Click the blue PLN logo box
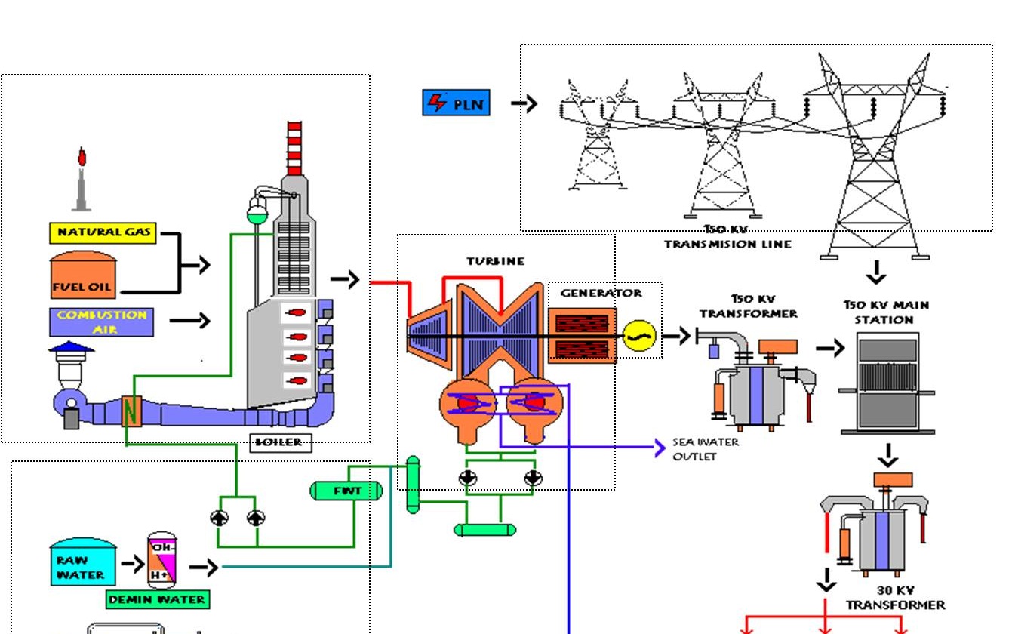456,102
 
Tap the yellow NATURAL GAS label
103,232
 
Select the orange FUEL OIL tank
83,275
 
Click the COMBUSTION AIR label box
102,322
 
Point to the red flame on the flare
82,157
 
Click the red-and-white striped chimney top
294,148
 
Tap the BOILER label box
280,442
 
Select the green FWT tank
346,491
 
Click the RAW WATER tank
83,562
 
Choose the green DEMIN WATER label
157,599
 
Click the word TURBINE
495,261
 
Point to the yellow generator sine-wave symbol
639,336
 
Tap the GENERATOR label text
601,293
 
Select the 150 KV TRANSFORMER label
748,306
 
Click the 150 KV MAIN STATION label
886,312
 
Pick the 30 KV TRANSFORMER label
895,598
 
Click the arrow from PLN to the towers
524,103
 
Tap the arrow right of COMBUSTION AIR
189,321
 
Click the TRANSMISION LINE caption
727,243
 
